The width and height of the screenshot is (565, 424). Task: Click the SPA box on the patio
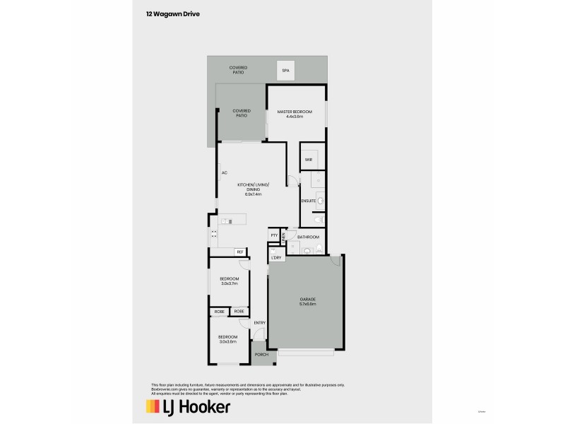click(x=286, y=71)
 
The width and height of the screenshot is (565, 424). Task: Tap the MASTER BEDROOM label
click(x=295, y=112)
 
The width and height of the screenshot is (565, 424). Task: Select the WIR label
click(x=309, y=160)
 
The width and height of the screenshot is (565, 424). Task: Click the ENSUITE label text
click(x=308, y=201)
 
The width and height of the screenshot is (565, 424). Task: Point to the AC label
click(x=224, y=172)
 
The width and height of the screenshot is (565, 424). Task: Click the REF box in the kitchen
click(x=240, y=252)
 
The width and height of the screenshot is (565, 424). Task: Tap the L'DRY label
click(x=276, y=257)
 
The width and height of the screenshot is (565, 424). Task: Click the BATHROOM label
click(x=309, y=237)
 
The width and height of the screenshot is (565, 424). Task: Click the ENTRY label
click(x=259, y=323)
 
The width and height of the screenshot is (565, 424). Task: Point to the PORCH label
click(x=261, y=354)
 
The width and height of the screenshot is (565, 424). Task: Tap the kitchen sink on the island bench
click(x=226, y=222)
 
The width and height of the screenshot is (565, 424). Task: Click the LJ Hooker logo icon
click(x=151, y=406)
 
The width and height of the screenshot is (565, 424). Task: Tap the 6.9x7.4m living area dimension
click(x=254, y=193)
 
